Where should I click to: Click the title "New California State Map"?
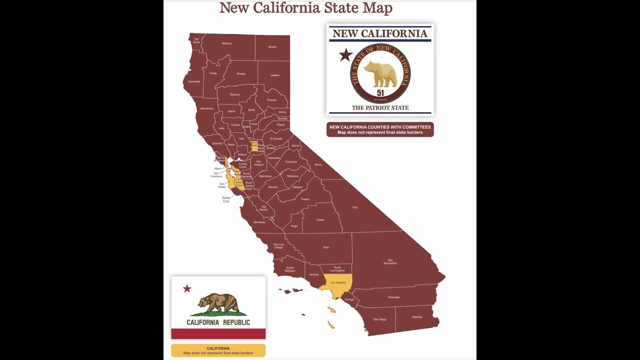click(x=305, y=8)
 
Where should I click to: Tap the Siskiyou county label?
click(x=226, y=43)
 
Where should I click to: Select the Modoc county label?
click(x=272, y=47)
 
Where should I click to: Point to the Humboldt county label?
click(x=194, y=81)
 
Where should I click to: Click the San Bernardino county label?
click(x=390, y=261)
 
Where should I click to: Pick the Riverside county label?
click(x=393, y=297)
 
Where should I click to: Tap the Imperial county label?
click(x=416, y=317)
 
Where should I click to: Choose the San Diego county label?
click(x=379, y=319)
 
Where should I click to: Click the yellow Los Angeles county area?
click(x=338, y=283)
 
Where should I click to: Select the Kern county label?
click(x=326, y=247)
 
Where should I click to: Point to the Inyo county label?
click(x=355, y=207)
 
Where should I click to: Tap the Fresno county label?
click(x=305, y=199)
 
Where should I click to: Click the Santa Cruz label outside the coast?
click(x=226, y=199)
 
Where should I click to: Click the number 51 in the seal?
click(x=380, y=93)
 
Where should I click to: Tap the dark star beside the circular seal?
click(x=345, y=55)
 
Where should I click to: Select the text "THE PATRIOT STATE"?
click(x=380, y=107)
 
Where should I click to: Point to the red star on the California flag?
click(x=187, y=288)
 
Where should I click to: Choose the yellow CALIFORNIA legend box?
click(x=218, y=350)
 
